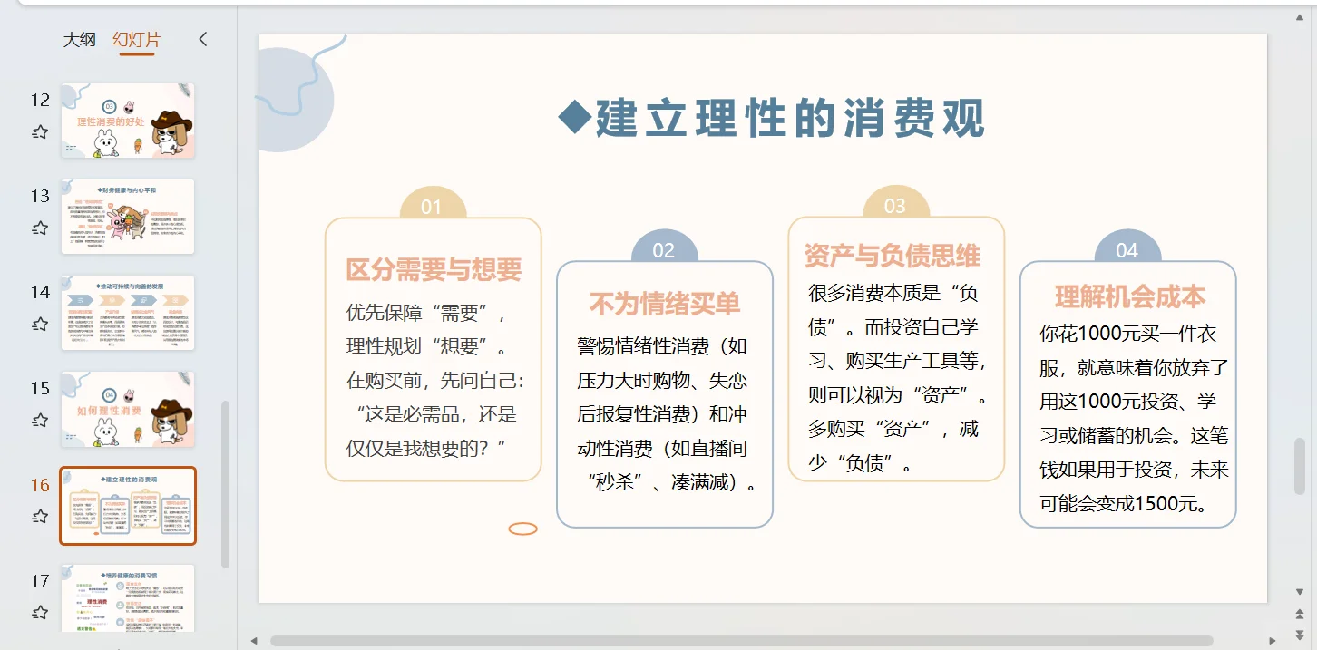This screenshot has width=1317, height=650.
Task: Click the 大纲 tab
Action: (79, 39)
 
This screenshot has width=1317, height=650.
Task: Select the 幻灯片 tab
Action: (137, 39)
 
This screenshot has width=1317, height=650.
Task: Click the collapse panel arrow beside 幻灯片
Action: (202, 39)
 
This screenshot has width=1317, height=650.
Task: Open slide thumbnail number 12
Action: (127, 121)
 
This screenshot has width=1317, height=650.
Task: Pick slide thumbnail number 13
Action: (127, 217)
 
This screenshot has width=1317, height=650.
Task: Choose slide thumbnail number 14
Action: (127, 313)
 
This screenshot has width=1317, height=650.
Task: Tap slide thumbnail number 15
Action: (127, 409)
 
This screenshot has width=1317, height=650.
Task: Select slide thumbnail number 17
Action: (127, 597)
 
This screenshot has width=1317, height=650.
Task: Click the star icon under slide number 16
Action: (40, 517)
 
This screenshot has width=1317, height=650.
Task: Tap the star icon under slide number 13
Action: (40, 228)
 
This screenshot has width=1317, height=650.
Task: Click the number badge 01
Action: (432, 207)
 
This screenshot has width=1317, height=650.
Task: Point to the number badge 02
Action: (664, 250)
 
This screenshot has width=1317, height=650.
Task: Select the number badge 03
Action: (895, 206)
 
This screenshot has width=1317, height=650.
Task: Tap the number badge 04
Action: (1127, 250)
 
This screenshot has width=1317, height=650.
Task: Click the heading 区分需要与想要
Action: (434, 269)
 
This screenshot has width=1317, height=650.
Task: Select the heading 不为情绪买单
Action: (665, 304)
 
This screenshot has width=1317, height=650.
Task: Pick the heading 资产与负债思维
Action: (893, 256)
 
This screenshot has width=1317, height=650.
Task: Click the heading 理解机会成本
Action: (1130, 296)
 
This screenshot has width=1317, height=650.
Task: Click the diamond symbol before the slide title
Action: (573, 117)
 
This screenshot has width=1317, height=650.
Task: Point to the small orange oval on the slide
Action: (523, 529)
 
